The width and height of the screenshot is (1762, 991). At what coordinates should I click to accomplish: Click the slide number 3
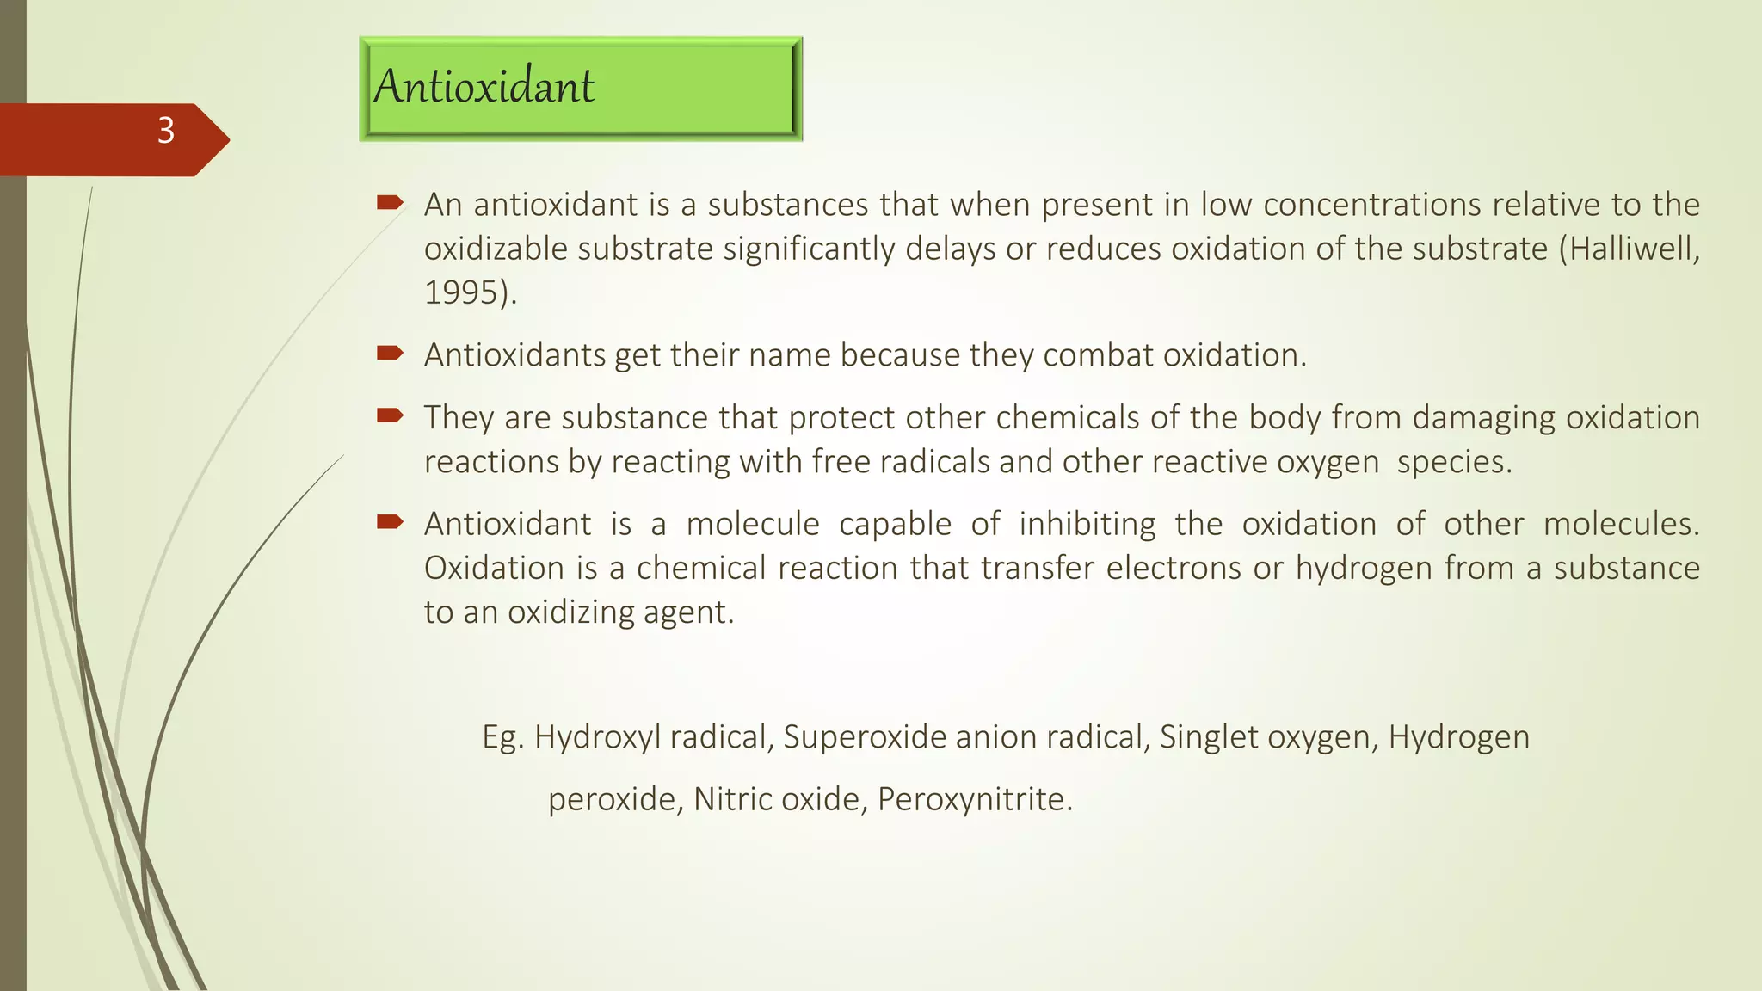(x=166, y=131)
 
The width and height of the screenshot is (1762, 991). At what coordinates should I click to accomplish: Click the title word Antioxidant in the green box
(x=484, y=86)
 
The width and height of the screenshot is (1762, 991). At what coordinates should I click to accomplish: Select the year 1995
(x=461, y=292)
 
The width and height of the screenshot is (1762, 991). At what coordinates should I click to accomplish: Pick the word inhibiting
(x=1087, y=524)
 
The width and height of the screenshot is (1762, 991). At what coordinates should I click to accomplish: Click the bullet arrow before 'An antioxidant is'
(x=390, y=203)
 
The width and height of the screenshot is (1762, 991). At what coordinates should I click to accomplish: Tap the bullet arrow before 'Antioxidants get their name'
(x=390, y=353)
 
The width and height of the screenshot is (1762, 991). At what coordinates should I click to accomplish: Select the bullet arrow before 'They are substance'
(x=390, y=416)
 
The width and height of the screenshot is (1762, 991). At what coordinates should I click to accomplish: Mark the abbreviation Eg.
(x=502, y=737)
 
